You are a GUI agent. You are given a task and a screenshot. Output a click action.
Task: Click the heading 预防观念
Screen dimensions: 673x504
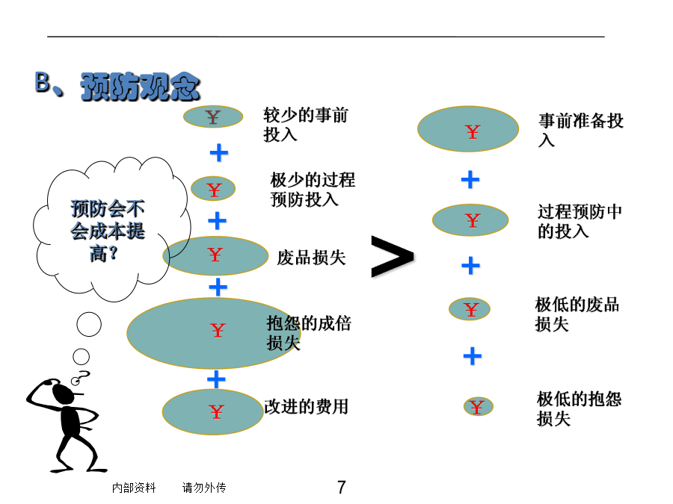tap(141, 87)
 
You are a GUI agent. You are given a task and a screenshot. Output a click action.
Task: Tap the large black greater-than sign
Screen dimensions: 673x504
tap(393, 256)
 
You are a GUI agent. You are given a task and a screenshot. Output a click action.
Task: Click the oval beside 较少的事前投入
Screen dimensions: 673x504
tap(213, 116)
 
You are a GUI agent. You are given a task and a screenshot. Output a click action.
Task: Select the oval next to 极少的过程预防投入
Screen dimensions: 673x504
tap(213, 189)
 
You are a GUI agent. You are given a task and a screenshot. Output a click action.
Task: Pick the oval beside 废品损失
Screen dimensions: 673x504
tap(215, 256)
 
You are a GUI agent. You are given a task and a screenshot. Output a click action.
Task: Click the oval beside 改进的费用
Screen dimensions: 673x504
tap(213, 411)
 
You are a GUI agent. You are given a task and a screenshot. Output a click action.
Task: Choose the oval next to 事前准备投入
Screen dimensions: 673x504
tap(468, 129)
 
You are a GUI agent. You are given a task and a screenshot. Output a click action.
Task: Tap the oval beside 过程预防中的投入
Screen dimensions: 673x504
tap(470, 220)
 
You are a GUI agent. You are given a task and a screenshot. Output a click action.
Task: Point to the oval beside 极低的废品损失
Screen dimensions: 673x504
tap(470, 309)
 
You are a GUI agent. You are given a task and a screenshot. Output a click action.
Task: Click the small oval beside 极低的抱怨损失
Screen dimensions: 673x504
tap(478, 406)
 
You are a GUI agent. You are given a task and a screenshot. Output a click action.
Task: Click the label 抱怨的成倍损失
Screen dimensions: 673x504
tap(309, 333)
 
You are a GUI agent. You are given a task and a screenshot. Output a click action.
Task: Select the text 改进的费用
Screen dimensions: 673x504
tap(306, 407)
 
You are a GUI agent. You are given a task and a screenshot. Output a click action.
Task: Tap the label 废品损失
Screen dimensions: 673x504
tap(311, 258)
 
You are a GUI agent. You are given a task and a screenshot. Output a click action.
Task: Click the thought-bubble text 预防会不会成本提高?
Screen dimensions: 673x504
tap(107, 231)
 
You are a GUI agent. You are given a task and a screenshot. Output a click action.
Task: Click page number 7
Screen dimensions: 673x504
tap(341, 488)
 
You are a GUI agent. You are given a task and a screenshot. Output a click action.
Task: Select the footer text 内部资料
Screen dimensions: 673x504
tap(134, 488)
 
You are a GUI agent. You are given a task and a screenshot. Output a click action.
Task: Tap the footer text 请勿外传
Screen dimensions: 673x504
tap(204, 488)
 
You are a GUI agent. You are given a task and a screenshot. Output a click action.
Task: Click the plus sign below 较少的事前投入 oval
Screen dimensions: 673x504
tap(219, 152)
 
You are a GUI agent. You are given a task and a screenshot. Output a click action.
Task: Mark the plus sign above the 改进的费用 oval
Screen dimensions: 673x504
tap(216, 379)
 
